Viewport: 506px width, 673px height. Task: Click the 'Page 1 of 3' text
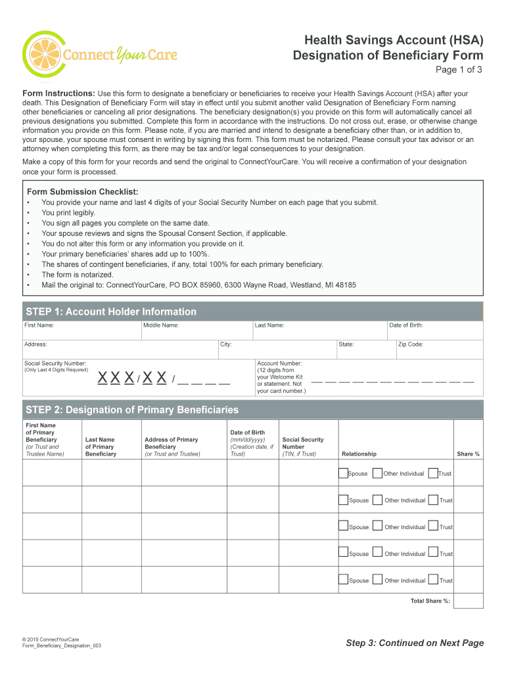pos(459,70)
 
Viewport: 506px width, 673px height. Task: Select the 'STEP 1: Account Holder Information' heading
pos(111,312)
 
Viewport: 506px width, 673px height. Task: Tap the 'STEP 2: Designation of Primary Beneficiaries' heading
pos(132,410)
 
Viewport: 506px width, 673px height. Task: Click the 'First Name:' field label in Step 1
pos(39,325)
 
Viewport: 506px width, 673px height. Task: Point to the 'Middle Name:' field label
pos(162,325)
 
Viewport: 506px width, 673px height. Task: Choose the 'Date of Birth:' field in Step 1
pos(406,325)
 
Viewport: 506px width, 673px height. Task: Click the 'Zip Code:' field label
pos(411,344)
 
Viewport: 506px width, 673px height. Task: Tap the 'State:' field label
pos(346,344)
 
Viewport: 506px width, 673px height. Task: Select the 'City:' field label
pos(226,344)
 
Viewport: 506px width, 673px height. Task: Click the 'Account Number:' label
pos(279,363)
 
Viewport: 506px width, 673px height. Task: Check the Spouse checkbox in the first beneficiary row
pos(343,473)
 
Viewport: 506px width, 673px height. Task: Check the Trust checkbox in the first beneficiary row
pos(433,473)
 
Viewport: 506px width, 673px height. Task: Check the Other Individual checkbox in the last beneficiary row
pos(377,579)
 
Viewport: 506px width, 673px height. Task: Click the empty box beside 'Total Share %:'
pos(468,601)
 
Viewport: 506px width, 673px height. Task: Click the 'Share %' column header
pos(468,454)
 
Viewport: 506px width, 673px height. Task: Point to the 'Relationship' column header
pos(359,454)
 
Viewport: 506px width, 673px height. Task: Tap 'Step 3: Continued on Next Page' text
pos(415,643)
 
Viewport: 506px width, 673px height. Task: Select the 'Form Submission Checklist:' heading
pos(82,191)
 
